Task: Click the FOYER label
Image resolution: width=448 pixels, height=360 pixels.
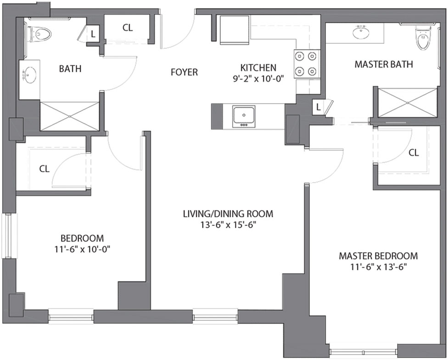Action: point(184,72)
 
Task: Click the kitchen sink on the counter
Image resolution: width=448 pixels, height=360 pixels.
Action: point(244,117)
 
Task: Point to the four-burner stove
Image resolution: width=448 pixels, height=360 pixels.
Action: point(306,63)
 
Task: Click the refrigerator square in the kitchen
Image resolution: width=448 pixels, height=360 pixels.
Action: point(234,30)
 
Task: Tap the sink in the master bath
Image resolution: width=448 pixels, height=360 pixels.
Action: point(361,32)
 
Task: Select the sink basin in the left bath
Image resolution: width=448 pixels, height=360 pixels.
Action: point(30,74)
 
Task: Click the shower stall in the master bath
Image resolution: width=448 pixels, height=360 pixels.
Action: point(408,102)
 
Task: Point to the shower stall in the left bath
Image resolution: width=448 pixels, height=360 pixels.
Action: point(70,116)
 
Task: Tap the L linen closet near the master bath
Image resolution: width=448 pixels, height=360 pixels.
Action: point(319,107)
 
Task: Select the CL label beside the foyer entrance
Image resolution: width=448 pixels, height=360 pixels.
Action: point(128,28)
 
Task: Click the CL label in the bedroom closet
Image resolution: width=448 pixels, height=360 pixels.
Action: point(44,169)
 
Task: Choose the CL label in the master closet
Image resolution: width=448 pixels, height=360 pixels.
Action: point(414,153)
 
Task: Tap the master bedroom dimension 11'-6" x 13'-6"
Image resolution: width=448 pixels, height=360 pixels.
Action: point(378,267)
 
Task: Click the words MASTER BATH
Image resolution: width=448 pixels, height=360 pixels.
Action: point(384,64)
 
